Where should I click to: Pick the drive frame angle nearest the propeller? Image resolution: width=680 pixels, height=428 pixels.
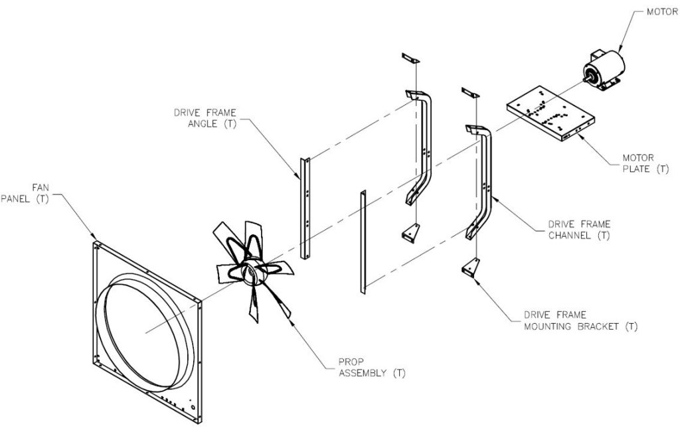point(305,209)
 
